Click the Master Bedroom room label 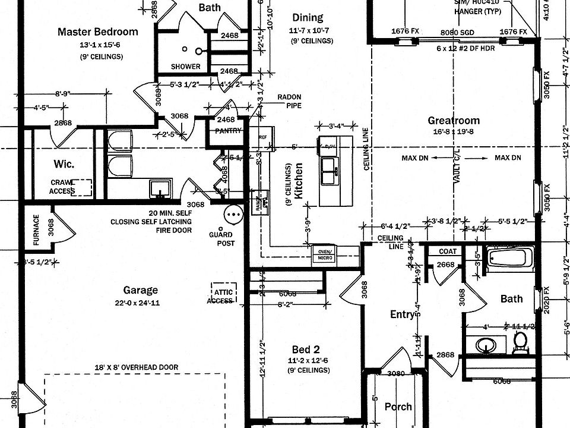click(x=97, y=32)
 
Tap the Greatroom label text click(x=454, y=121)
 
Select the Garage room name click(x=140, y=290)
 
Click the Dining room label click(x=308, y=18)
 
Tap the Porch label click(x=398, y=407)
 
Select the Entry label click(x=401, y=314)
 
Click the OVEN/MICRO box click(x=324, y=254)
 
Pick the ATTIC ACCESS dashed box click(x=223, y=294)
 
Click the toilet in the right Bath click(x=520, y=341)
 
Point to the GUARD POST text click(x=221, y=239)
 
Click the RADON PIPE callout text click(x=289, y=101)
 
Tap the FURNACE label click(x=36, y=229)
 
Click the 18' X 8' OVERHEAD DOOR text click(x=135, y=367)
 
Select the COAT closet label click(x=448, y=251)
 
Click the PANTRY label click(x=228, y=131)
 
